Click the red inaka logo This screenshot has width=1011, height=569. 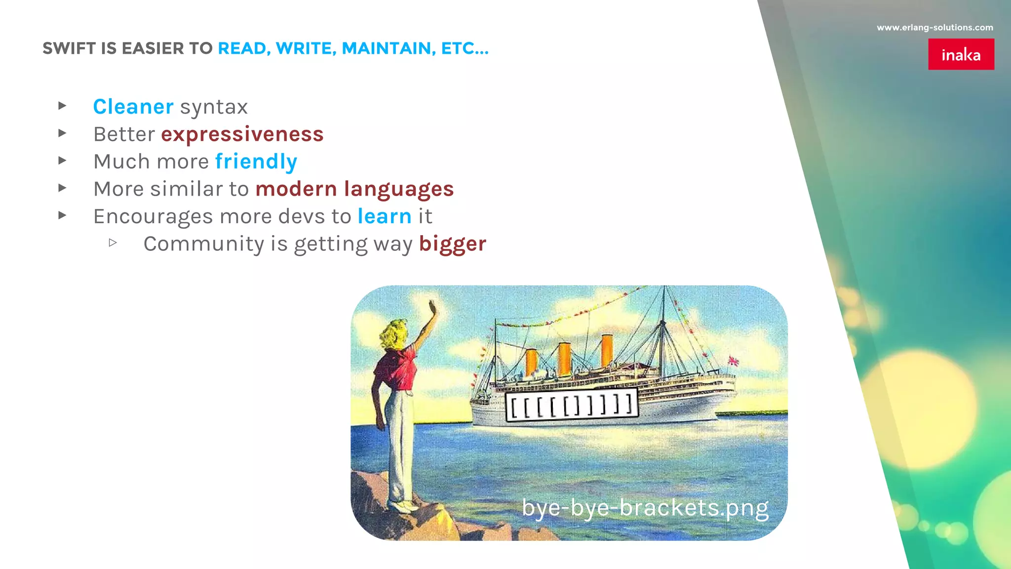click(x=961, y=54)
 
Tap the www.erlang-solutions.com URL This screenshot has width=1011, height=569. click(x=934, y=28)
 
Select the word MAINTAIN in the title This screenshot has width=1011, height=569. click(x=389, y=48)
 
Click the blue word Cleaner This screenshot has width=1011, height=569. click(x=133, y=107)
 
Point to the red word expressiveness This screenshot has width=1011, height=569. click(x=242, y=134)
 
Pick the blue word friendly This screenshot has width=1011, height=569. click(x=256, y=162)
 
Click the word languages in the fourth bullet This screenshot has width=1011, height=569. click(x=398, y=189)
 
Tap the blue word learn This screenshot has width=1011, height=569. click(x=385, y=216)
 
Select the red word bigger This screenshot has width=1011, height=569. click(x=452, y=244)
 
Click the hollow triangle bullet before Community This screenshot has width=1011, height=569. click(x=113, y=243)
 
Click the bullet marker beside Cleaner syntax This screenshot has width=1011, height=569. click(x=62, y=105)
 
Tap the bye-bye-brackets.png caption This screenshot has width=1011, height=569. click(x=645, y=508)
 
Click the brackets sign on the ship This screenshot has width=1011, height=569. click(x=571, y=405)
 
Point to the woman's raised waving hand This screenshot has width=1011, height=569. click(x=433, y=309)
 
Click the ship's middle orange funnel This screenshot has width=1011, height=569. click(x=564, y=358)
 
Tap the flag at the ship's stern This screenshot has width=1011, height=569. click(x=733, y=361)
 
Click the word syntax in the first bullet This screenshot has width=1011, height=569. click(x=214, y=107)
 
